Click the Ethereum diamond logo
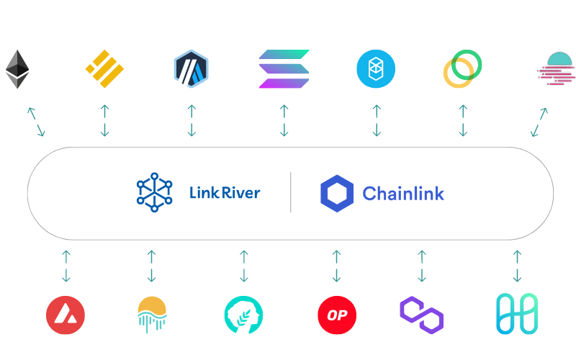pos(18,69)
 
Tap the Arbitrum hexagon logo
pos(191,69)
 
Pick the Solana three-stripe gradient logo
pos(284,69)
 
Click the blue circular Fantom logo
pos(376,69)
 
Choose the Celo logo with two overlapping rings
pos(462,69)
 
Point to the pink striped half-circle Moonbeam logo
pos(555,69)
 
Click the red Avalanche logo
pos(66,315)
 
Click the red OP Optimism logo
pos(336,315)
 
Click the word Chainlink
pos(403,193)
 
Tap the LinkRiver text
pos(224,193)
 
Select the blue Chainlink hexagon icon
pos(337,193)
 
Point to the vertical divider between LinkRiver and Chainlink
pos(291,192)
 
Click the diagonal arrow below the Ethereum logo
pos(36,121)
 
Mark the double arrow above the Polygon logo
pos(422,266)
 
